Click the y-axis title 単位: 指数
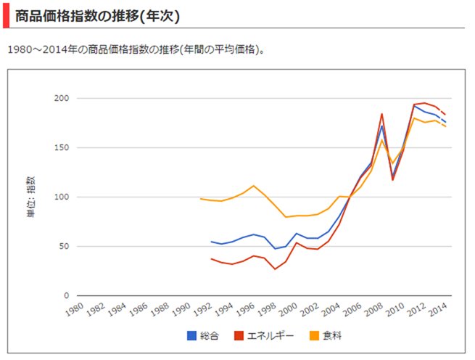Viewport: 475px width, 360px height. [x=30, y=197]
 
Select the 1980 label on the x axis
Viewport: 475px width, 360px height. [x=73, y=311]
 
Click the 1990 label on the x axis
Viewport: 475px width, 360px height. [x=182, y=311]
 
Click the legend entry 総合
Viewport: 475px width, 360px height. [x=203, y=335]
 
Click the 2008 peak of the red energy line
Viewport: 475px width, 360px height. [x=381, y=114]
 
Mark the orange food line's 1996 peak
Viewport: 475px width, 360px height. [x=253, y=186]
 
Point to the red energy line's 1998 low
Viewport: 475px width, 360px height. [x=275, y=269]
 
